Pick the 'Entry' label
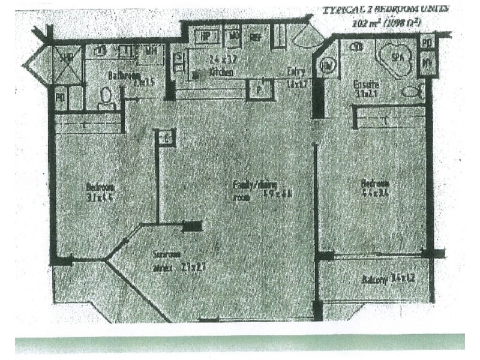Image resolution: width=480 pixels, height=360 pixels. [x=295, y=71]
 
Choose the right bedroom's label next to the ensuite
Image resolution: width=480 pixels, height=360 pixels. [x=374, y=183]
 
